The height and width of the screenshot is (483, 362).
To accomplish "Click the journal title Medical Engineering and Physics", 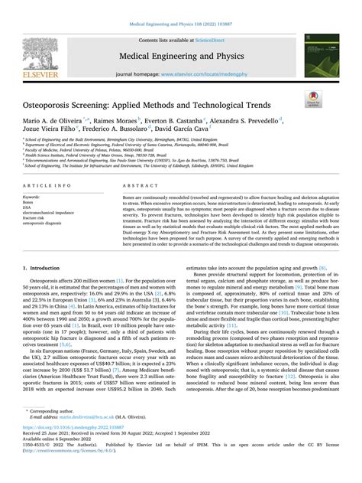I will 181,55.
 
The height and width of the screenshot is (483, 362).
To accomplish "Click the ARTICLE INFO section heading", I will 48,186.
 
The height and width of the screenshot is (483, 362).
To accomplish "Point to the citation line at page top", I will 181,25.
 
